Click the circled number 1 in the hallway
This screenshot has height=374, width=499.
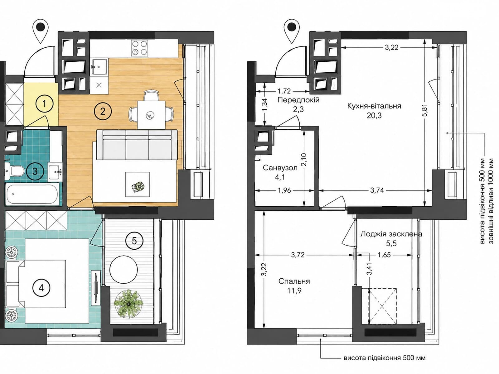(x=45, y=103)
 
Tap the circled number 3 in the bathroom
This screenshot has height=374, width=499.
(x=35, y=171)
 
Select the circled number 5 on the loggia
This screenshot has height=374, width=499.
(x=134, y=241)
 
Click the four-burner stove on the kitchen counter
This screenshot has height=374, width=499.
(x=139, y=48)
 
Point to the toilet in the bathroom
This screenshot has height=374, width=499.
(x=16, y=171)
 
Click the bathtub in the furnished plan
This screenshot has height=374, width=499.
(x=32, y=194)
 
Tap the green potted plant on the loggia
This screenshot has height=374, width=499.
(x=128, y=303)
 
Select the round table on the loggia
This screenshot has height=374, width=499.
(x=124, y=270)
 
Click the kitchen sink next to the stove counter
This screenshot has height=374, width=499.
(x=99, y=67)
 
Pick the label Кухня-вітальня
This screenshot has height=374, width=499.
(x=374, y=106)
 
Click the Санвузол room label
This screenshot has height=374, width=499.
(x=280, y=168)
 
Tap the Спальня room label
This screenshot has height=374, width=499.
(x=294, y=281)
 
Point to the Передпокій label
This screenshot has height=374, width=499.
(x=298, y=100)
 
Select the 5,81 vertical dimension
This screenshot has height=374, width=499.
(x=425, y=110)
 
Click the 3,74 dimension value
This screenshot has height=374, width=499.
(x=377, y=190)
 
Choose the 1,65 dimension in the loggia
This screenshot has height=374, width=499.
(x=384, y=255)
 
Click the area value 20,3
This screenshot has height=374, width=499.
(x=374, y=116)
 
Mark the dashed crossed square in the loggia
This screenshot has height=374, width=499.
(x=382, y=307)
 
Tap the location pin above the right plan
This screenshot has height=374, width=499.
(x=292, y=31)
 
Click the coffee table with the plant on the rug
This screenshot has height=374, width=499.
(x=138, y=185)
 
